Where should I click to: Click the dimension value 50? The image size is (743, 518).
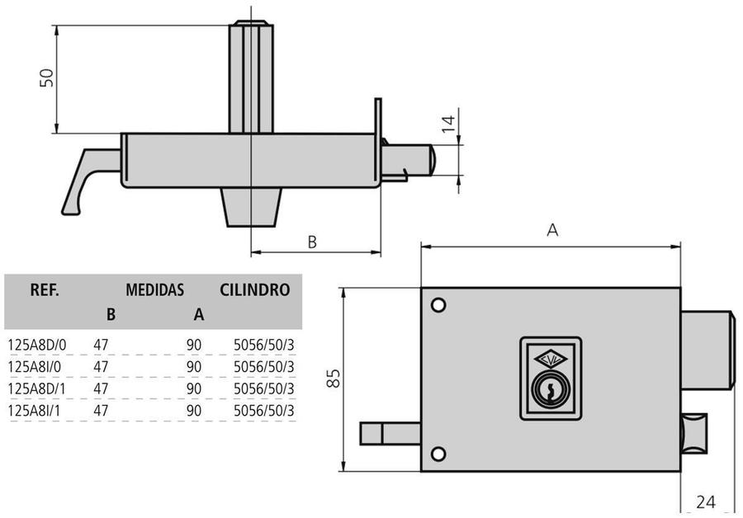click(x=48, y=78)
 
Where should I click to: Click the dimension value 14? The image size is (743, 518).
click(x=447, y=124)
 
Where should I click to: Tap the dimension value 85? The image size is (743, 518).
click(x=333, y=379)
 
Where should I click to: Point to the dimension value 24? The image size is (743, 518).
click(x=705, y=501)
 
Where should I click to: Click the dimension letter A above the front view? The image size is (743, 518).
click(x=552, y=231)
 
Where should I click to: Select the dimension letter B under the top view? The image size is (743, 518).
click(x=312, y=242)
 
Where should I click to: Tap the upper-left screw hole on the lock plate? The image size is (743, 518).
click(x=438, y=305)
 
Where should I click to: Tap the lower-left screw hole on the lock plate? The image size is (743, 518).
click(x=438, y=454)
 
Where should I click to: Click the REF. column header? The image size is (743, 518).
click(x=44, y=290)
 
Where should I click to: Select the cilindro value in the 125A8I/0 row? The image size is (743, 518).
click(x=263, y=366)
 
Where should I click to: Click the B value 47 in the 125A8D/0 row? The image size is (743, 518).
click(x=102, y=344)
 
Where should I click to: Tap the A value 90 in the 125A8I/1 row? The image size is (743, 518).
click(x=195, y=410)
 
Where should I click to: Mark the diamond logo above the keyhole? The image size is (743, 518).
click(x=550, y=358)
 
